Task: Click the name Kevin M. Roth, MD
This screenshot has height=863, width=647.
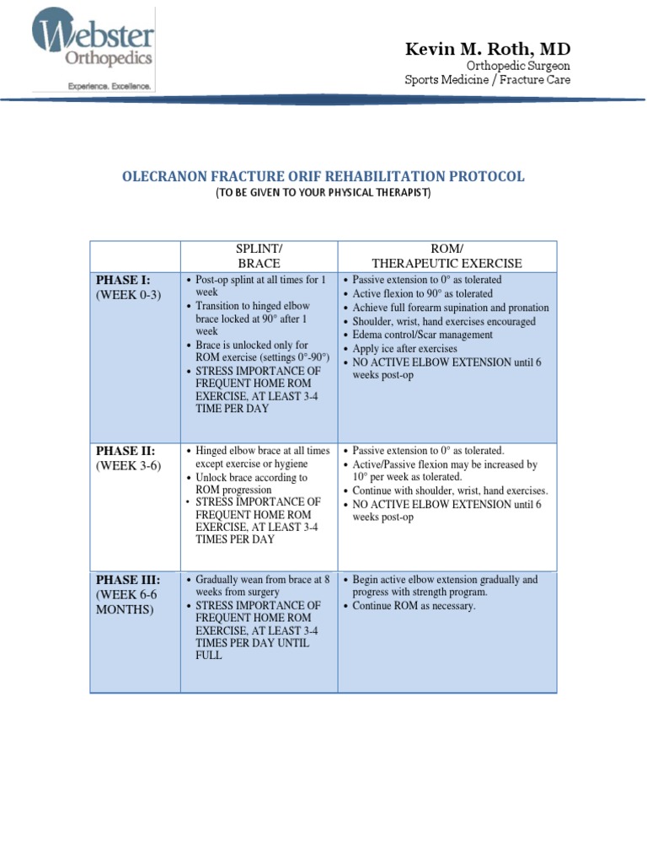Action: [x=488, y=50]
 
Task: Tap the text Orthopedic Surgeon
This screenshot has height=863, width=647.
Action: [x=518, y=66]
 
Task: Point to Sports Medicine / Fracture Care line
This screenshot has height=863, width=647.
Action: [x=487, y=80]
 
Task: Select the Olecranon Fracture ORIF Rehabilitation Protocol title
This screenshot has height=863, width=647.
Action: [x=323, y=177]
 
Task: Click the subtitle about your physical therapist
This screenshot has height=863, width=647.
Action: [x=323, y=193]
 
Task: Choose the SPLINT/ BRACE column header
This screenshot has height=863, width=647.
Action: [x=259, y=255]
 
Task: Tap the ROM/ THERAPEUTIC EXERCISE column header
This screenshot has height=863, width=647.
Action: [x=446, y=255]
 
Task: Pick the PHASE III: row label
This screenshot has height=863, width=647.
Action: [x=128, y=580]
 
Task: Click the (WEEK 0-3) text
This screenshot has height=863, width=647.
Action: [x=128, y=294]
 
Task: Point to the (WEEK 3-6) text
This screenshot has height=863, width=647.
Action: [x=128, y=466]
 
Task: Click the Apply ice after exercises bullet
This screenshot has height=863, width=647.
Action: [x=404, y=348]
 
